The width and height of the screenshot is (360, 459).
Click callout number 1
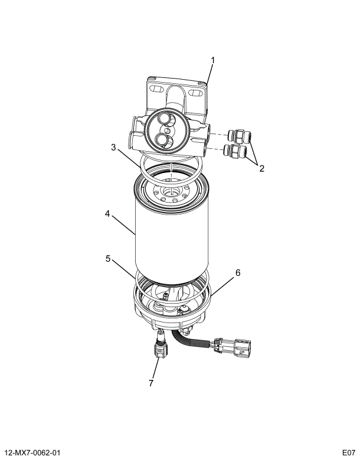[213, 60]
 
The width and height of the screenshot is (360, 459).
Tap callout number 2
[261, 168]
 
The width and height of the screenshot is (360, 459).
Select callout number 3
[113, 147]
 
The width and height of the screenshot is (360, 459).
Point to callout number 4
[107, 215]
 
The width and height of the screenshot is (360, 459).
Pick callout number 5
[108, 258]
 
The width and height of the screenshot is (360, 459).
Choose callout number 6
[238, 273]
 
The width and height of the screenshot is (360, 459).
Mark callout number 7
[151, 383]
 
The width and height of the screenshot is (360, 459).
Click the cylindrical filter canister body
[171, 236]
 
